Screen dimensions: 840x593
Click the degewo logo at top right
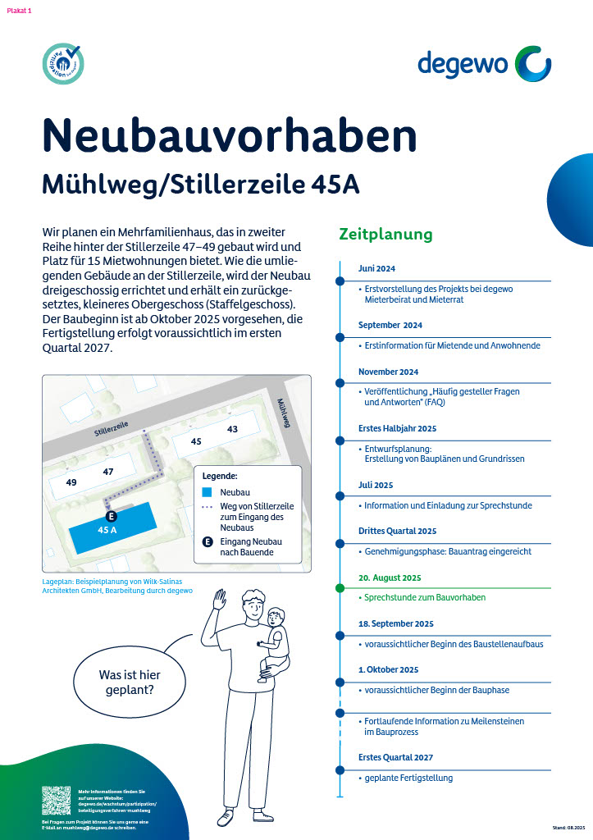point(484,63)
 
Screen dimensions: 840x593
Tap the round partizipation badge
point(63,64)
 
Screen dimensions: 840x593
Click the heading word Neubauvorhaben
point(229,135)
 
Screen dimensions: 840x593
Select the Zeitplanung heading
point(385,235)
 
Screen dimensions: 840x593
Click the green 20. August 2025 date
point(390,577)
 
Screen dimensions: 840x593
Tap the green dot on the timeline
point(340,588)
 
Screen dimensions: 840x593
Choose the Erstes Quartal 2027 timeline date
point(395,757)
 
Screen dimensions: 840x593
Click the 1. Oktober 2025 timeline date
point(388,669)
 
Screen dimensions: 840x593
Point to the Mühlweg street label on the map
point(284,413)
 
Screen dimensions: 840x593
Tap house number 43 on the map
point(232,429)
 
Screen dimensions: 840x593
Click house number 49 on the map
point(71,482)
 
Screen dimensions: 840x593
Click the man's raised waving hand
point(219,599)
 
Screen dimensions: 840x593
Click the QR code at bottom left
point(56,800)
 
